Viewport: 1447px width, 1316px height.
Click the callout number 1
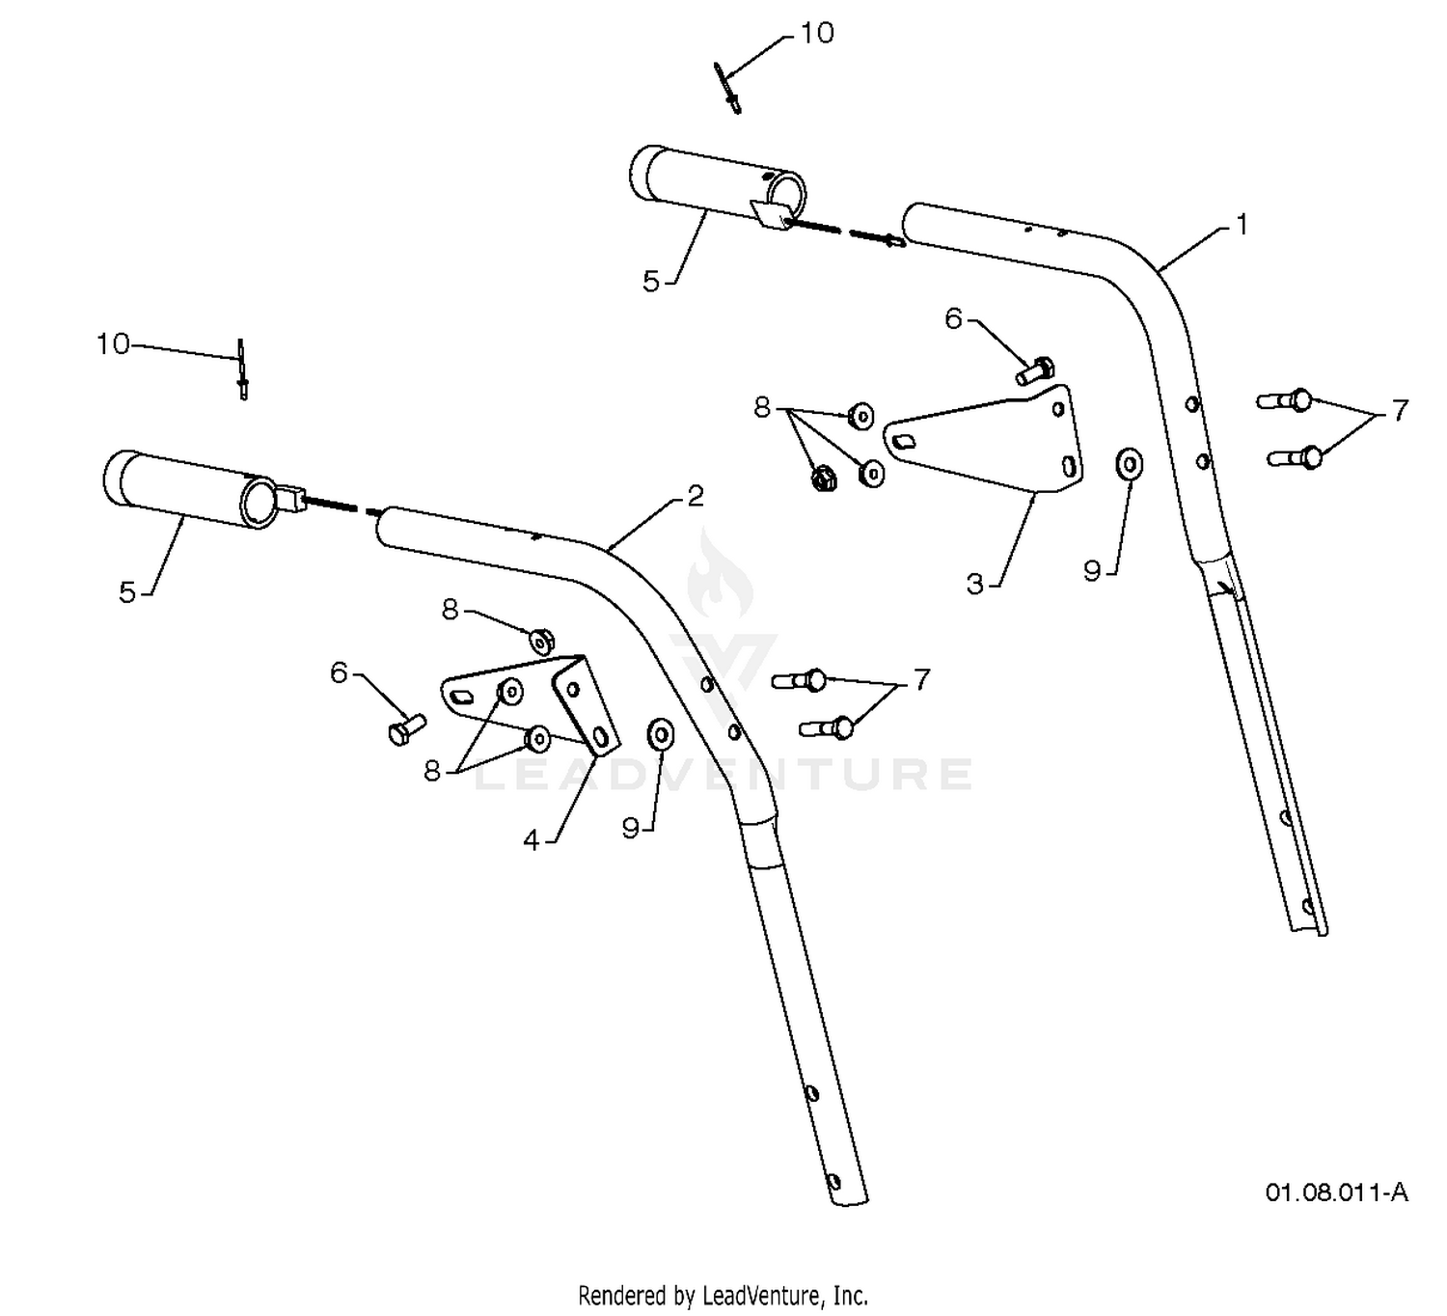[1242, 226]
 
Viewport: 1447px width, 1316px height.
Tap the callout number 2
[695, 496]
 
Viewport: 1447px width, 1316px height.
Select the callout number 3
[974, 585]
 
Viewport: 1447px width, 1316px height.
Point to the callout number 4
[532, 840]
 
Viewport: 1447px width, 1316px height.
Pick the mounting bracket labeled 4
[531, 704]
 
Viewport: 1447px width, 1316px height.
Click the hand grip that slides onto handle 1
[718, 187]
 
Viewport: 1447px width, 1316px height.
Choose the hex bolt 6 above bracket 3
[1034, 371]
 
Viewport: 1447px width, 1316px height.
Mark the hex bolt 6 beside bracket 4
[407, 729]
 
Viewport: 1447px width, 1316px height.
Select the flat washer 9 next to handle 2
[660, 734]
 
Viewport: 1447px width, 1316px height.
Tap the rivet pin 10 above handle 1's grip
[727, 88]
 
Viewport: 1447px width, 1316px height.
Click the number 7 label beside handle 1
[1400, 411]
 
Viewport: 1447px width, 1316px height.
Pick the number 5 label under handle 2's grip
[127, 593]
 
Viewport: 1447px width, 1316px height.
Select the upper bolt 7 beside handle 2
[800, 679]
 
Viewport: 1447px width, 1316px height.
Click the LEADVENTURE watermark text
[723, 774]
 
